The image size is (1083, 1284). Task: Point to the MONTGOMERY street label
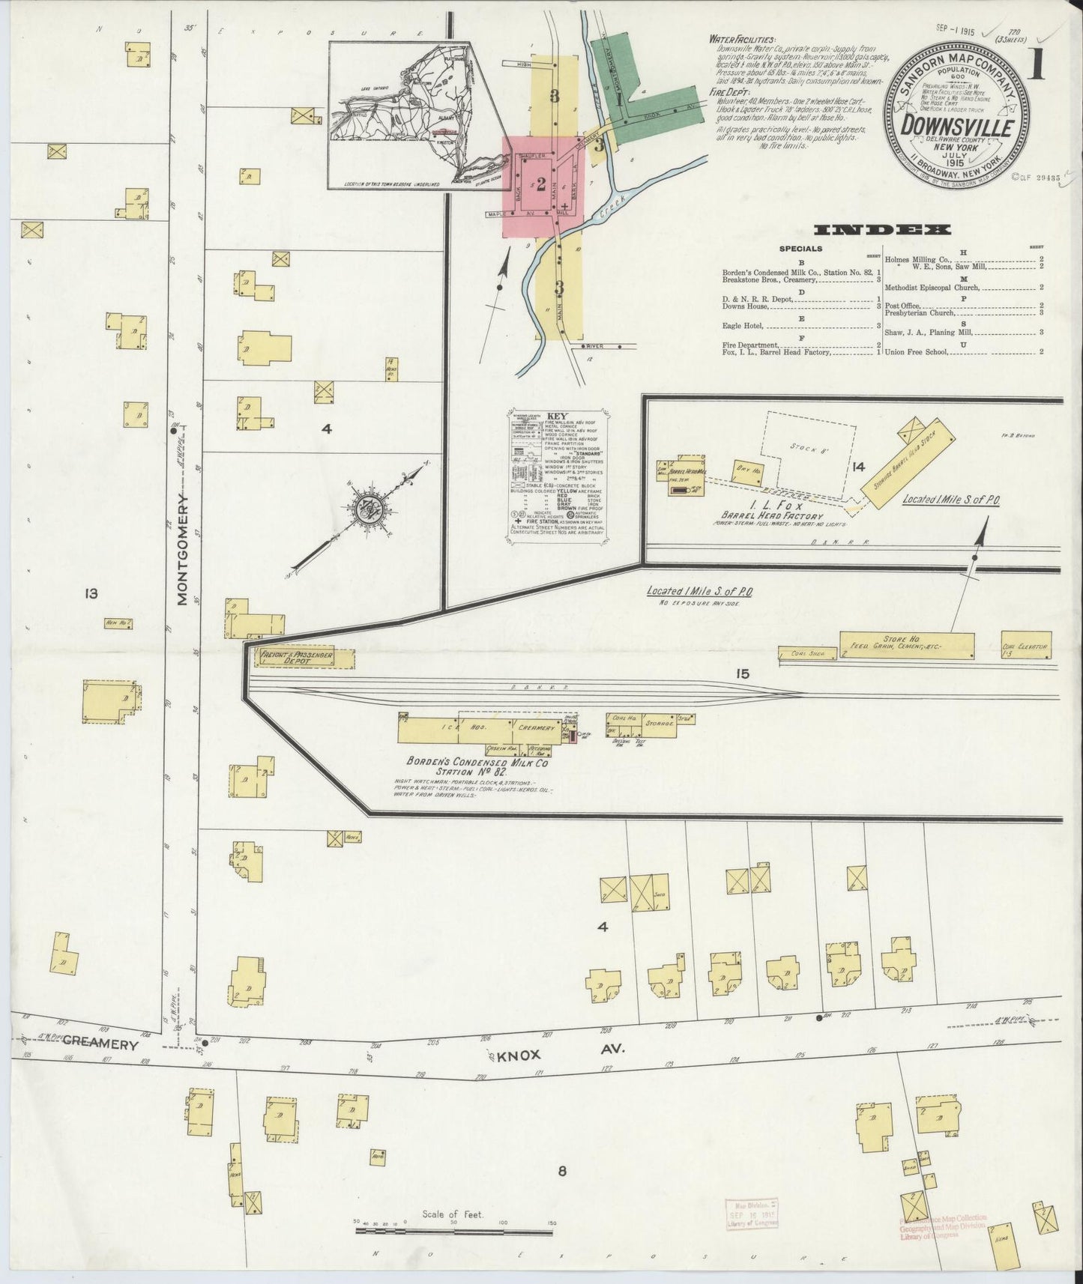pyautogui.click(x=182, y=548)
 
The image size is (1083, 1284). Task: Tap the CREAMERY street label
pyautogui.click(x=101, y=1042)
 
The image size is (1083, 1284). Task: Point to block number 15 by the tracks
pyautogui.click(x=742, y=674)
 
